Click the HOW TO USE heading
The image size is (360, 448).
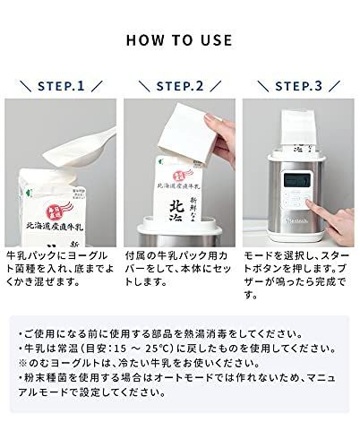[x=180, y=40]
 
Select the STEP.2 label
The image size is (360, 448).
[x=180, y=87]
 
